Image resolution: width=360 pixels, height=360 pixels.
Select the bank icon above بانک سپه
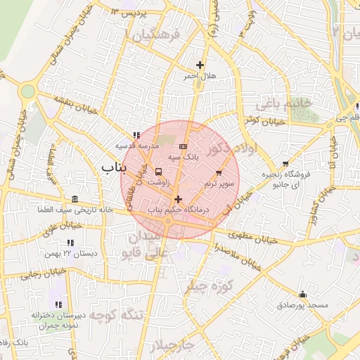coord(184,146)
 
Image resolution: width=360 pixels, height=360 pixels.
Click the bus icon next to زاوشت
coord(157,171)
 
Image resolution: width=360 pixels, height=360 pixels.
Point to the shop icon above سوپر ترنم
coord(219,172)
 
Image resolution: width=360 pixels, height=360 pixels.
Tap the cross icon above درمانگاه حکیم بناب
coord(178,199)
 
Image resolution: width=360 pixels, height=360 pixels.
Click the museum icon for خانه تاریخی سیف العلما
coord(75,198)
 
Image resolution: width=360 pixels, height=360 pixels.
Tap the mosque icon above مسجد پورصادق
coord(303,294)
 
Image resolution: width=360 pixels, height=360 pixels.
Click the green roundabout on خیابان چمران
coord(27,91)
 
